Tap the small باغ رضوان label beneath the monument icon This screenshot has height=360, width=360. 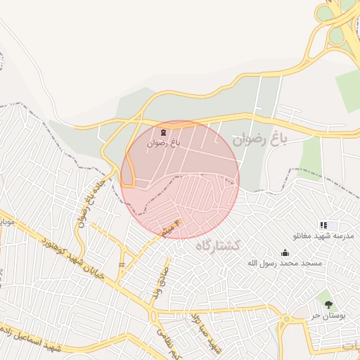[x=163, y=143]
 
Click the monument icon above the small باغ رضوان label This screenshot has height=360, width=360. [x=163, y=131]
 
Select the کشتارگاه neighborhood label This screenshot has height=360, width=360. [x=217, y=245]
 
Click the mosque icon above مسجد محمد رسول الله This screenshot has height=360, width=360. [x=285, y=252]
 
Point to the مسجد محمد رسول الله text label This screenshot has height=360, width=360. [x=284, y=263]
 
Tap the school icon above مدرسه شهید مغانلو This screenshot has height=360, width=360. [x=323, y=225]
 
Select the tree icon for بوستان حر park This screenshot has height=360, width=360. [x=328, y=304]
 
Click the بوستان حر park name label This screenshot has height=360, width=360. [x=328, y=316]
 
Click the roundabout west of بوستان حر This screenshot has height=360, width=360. [x=285, y=320]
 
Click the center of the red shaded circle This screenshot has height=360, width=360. [x=180, y=179]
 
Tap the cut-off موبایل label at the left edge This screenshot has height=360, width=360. [x=6, y=222]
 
